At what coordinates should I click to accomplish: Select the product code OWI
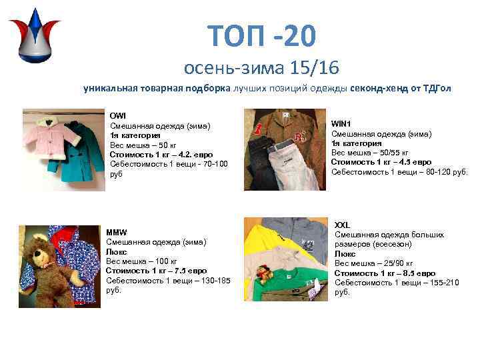tap(117, 116)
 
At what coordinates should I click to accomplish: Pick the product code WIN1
tap(341, 123)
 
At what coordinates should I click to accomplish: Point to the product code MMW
tap(117, 232)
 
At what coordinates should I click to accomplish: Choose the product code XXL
tap(342, 225)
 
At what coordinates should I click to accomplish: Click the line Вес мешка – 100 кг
tap(141, 261)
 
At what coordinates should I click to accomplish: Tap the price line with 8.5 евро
tap(385, 273)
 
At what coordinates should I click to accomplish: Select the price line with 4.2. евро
tap(152, 155)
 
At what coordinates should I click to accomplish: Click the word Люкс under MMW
tap(117, 251)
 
